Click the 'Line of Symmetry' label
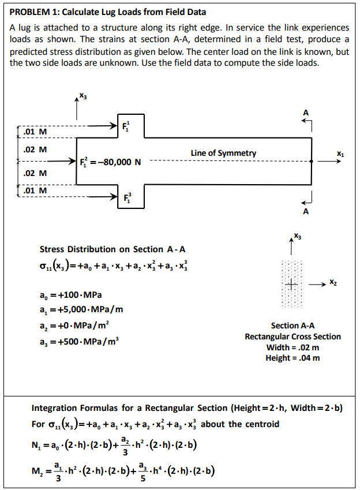223,153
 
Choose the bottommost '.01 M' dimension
35,190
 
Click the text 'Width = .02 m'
292,347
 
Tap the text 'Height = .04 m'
292,358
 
